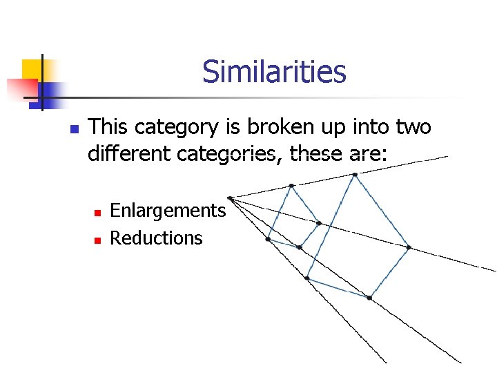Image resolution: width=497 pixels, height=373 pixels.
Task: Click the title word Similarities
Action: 274,71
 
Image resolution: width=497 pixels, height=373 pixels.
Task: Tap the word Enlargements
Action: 168,210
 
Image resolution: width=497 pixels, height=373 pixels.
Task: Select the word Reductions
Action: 156,238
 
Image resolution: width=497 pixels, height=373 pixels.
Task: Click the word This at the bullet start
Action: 109,127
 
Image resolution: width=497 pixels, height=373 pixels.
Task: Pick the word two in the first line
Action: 413,127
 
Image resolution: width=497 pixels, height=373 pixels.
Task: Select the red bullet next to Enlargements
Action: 97,211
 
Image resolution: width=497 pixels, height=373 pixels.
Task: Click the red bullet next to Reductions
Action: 97,240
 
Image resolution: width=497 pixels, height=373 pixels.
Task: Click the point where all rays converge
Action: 230,198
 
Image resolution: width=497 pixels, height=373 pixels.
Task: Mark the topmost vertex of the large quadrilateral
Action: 355,175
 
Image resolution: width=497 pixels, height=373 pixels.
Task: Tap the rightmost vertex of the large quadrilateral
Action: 409,247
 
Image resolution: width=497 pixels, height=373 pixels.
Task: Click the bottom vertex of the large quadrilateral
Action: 369,298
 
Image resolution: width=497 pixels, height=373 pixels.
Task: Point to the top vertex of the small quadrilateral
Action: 291,185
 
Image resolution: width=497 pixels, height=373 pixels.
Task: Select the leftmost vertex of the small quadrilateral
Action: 268,239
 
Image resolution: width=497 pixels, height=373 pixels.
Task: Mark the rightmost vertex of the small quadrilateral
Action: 319,223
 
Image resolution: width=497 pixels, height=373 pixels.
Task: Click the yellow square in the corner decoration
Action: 32,69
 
